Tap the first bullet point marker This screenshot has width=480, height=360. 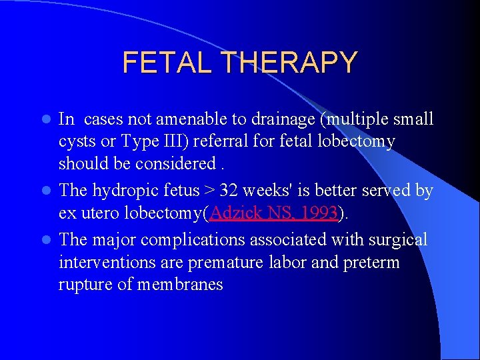pos(46,120)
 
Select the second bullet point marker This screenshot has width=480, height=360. pos(46,191)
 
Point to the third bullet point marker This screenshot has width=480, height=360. pos(46,240)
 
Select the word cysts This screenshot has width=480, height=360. pos(77,142)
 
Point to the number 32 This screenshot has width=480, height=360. pos(229,191)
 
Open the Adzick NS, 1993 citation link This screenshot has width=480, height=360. pos(272,213)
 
